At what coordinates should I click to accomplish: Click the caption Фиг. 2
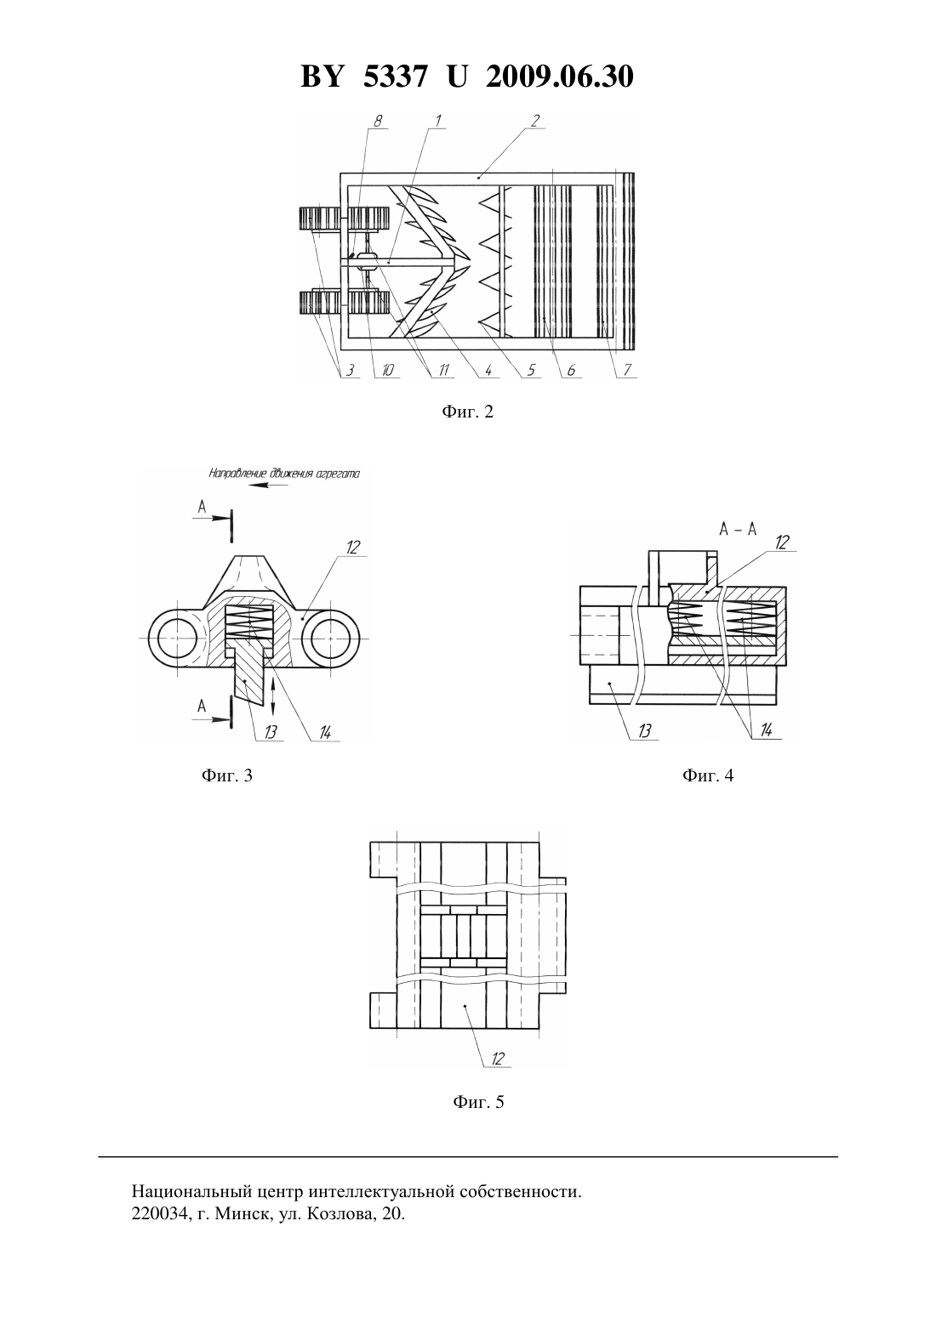[467, 412]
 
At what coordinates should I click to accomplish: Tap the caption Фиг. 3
[227, 775]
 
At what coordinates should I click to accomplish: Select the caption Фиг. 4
[708, 775]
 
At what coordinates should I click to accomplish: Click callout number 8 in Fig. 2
[378, 121]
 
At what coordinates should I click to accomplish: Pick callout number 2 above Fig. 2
[534, 121]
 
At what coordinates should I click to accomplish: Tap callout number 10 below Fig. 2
[388, 371]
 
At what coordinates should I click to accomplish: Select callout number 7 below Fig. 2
[627, 371]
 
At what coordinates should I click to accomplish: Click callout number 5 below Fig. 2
[531, 371]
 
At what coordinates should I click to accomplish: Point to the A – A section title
[738, 529]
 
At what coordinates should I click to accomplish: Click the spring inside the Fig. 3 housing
[248, 624]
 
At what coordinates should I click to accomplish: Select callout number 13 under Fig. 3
[270, 732]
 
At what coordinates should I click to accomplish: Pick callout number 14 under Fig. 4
[766, 730]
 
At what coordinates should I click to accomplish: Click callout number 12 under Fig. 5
[498, 1059]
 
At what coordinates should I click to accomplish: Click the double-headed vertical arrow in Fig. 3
[272, 696]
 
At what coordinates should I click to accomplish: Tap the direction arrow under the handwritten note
[269, 485]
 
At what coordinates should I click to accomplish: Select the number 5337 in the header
[395, 77]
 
